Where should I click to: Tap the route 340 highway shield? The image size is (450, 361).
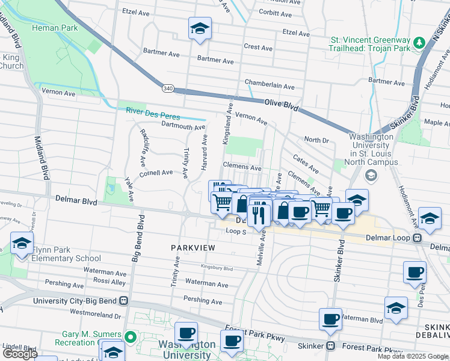click(x=168, y=88)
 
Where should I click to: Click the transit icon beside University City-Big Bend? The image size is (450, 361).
click(x=123, y=300)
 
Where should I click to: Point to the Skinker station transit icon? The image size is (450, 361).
click(x=330, y=346)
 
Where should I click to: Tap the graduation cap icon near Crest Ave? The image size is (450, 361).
click(x=200, y=28)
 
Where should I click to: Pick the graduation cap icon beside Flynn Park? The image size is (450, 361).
click(x=22, y=244)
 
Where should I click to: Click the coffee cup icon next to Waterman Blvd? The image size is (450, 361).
click(x=330, y=319)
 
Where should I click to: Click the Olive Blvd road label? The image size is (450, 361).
click(x=282, y=106)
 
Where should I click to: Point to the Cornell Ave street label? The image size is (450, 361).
click(x=156, y=172)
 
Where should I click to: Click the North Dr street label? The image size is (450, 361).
click(x=316, y=140)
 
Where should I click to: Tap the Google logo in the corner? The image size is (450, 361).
click(x=20, y=354)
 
